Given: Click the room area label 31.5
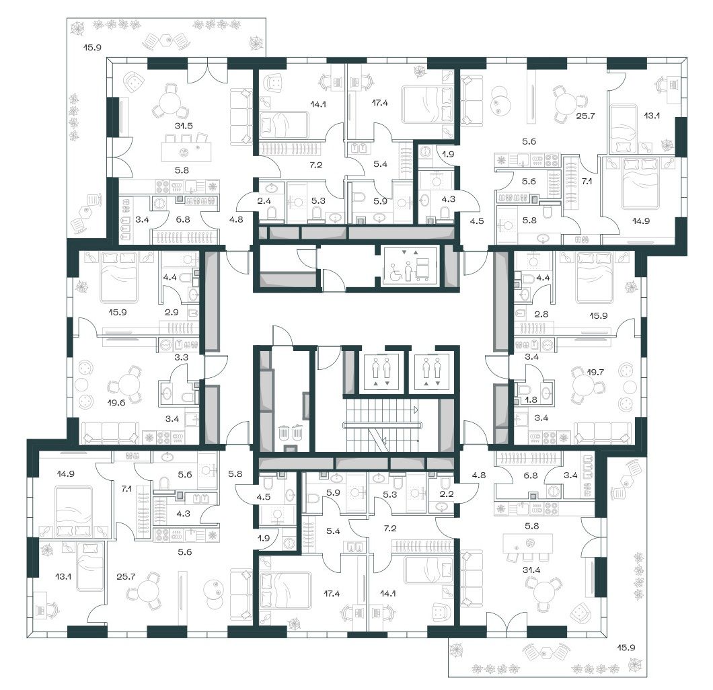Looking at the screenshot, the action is click(x=184, y=126).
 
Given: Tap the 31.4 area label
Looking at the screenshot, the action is click(x=531, y=570).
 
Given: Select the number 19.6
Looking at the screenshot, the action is click(x=116, y=402).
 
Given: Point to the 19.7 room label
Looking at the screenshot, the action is click(x=595, y=372).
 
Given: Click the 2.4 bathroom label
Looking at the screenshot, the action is click(x=264, y=200).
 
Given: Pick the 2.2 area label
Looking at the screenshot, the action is click(x=447, y=494).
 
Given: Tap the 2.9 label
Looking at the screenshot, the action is click(x=172, y=312).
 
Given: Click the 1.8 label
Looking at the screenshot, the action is click(x=531, y=400).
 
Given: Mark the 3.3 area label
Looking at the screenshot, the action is click(x=182, y=357).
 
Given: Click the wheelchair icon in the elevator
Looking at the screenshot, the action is click(x=393, y=274).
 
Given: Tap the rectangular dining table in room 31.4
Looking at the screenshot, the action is click(x=527, y=543).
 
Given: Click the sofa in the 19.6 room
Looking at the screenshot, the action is click(x=110, y=432).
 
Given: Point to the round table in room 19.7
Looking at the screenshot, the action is click(x=583, y=385).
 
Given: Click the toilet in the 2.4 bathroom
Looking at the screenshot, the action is click(x=272, y=213).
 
